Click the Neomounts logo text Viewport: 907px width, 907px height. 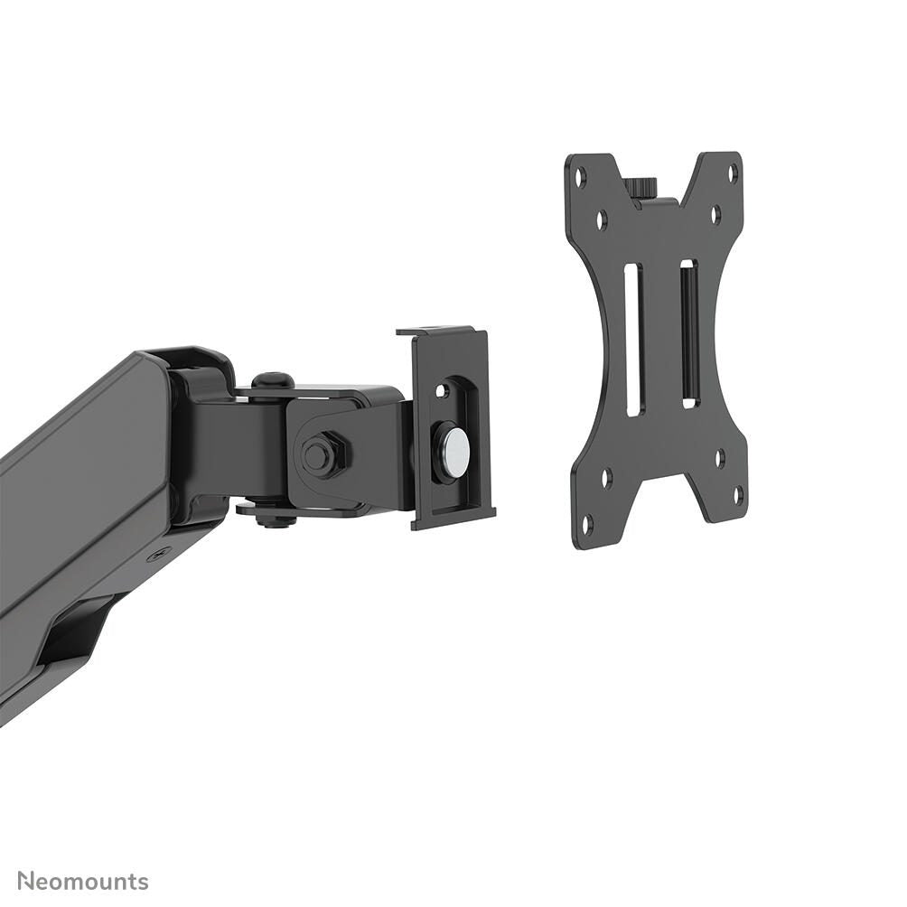click(83, 881)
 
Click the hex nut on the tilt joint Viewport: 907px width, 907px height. click(321, 454)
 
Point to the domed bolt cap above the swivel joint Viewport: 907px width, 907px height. click(271, 381)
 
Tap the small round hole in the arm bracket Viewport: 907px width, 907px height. click(442, 391)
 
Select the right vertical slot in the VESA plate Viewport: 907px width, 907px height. click(689, 333)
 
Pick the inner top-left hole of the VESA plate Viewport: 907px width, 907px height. click(602, 219)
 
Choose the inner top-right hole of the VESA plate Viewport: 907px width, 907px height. click(715, 215)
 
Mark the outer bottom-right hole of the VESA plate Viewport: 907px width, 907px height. click(737, 495)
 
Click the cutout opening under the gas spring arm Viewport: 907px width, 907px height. click(77, 632)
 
